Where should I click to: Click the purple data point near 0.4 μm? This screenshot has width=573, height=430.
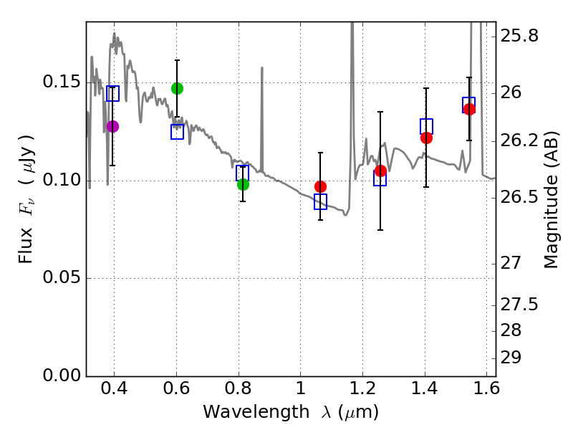click(112, 126)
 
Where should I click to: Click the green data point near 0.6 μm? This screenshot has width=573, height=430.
click(177, 88)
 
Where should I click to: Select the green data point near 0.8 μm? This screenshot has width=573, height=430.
click(243, 184)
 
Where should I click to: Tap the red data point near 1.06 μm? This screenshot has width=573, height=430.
click(320, 186)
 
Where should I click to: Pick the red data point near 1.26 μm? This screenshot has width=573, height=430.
click(380, 171)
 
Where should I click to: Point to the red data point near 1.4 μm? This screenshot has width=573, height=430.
click(426, 138)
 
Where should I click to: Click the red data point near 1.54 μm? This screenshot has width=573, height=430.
click(469, 109)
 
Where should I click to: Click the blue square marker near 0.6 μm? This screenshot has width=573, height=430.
click(177, 132)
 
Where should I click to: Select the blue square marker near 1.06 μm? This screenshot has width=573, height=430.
click(320, 201)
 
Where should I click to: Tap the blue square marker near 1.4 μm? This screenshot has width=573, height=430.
click(426, 126)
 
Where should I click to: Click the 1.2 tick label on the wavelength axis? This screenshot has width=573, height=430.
click(362, 393)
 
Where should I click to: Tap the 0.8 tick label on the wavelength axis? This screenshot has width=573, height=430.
click(238, 393)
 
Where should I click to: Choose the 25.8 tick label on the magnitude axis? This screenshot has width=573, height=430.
click(523, 35)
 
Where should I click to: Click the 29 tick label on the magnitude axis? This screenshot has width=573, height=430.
click(515, 357)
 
